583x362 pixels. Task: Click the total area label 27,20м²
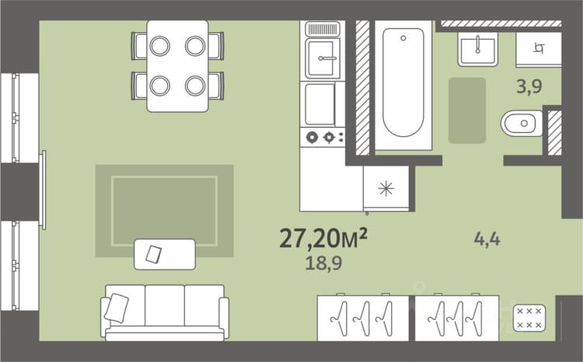[x=323, y=238]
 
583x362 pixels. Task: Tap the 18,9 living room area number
[x=323, y=263]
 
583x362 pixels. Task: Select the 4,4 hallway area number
[x=487, y=239]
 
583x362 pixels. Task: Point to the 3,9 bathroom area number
[x=529, y=86]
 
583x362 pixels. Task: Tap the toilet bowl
[x=522, y=123]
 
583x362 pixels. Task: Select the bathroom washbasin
[x=478, y=50]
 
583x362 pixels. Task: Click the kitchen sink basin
[x=323, y=58]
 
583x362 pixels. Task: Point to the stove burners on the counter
[x=323, y=138]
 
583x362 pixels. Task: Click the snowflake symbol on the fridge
[x=386, y=188]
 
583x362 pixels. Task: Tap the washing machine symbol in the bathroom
[x=539, y=48]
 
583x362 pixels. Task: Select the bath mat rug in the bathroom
[x=467, y=111]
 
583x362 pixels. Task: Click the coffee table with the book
[x=165, y=255]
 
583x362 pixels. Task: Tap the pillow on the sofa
[x=116, y=308]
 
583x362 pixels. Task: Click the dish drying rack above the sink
[x=323, y=29]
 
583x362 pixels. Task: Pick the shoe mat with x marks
[x=529, y=318]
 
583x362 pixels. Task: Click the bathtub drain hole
[x=403, y=38]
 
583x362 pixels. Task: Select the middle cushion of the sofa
[x=165, y=305]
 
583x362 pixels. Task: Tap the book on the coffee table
[x=154, y=255]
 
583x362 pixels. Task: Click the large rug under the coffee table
[x=164, y=211]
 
